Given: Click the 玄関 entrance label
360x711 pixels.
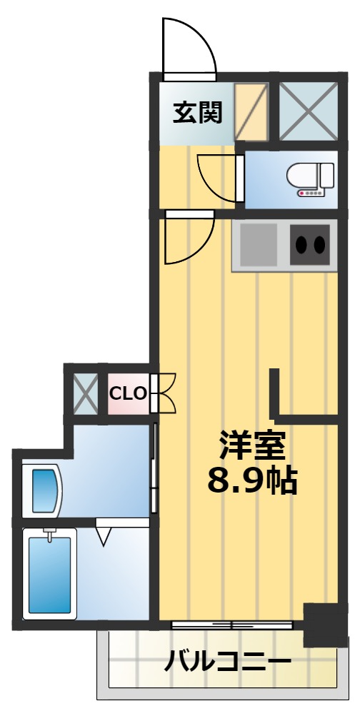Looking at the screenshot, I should coord(197,112).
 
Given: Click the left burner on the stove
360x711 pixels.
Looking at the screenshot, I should coord(301,245).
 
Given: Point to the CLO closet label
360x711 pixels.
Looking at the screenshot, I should coord(128,393).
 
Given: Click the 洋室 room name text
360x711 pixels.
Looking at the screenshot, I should coord(251,446).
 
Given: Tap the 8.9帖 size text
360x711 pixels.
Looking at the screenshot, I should coord(251,482).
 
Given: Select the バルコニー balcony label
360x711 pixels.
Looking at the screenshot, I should coord(227,662).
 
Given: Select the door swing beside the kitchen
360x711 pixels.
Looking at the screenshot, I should coord(187,239).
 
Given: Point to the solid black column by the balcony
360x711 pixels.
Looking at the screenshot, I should coord(326,624).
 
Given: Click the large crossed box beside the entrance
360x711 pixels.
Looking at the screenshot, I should coord(307,111).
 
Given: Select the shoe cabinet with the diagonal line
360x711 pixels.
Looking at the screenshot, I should coord(251,112).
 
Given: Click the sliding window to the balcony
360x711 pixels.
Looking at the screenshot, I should coord(232,625).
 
